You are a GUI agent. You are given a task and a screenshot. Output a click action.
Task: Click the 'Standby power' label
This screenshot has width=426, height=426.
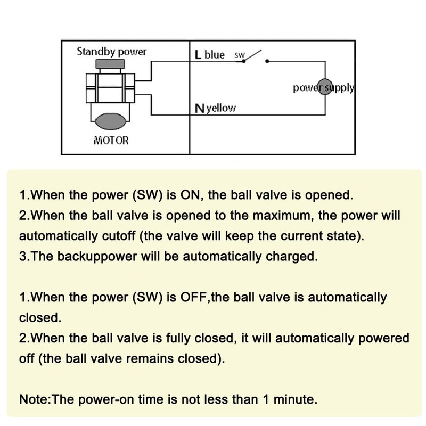pos(112,52)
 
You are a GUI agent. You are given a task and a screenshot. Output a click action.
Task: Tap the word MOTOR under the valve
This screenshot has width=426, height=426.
pos(111,141)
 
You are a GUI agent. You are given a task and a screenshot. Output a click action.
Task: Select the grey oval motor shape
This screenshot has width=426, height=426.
pos(111,121)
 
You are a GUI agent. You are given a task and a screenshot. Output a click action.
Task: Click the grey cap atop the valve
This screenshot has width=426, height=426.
pos(110,64)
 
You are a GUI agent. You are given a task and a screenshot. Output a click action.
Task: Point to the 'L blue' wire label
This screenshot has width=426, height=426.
pos(210,55)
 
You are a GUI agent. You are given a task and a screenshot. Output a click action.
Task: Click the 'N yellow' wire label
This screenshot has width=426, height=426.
pos(215,109)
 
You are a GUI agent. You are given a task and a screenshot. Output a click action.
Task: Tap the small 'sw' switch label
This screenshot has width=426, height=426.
pos(239,55)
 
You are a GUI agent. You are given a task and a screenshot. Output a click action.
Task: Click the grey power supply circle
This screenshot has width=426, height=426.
pos(325,87)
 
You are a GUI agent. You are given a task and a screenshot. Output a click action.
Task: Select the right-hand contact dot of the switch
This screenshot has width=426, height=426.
pos(267,61)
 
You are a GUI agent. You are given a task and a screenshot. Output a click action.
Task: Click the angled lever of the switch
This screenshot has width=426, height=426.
pos(252,56)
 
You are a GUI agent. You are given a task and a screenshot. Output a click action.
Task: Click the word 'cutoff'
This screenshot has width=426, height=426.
pos(119,236)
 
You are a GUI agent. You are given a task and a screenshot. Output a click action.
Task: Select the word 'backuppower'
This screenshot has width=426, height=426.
pos(97,257)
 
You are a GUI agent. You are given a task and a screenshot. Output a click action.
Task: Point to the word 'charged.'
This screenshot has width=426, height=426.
pos(292,257)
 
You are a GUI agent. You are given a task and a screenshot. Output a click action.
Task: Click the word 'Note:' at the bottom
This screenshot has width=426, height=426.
pos(35,399)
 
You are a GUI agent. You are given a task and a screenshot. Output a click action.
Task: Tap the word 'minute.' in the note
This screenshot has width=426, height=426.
pos(296,399)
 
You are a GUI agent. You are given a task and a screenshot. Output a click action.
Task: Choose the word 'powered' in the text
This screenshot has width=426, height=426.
pos(383,339)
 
